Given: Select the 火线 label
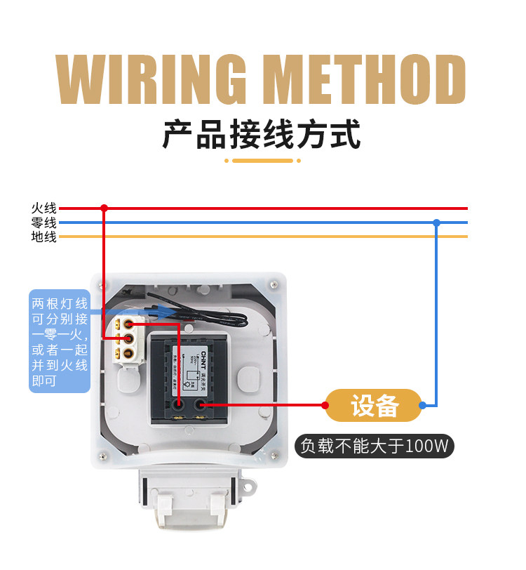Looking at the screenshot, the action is [x=44, y=208].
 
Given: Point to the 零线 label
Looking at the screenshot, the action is [x=44, y=223].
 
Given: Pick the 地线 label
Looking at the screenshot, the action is [x=44, y=237].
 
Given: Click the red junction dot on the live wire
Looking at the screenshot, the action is [x=104, y=208].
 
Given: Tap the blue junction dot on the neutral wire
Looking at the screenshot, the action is [x=436, y=223].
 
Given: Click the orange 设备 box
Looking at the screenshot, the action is [x=375, y=406].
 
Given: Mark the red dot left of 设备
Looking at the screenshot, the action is [x=327, y=406].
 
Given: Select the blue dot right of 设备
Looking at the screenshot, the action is [x=422, y=406].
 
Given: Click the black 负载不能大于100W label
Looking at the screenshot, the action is [x=375, y=445].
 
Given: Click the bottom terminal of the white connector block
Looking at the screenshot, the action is [x=129, y=354].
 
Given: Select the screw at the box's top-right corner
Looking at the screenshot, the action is [x=274, y=284].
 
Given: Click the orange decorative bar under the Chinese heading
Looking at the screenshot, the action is [x=262, y=161].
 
